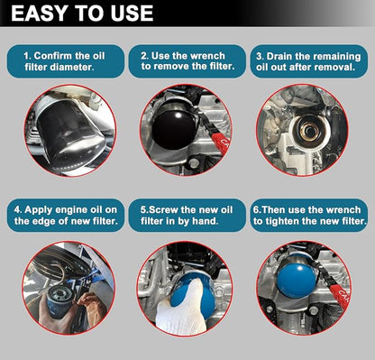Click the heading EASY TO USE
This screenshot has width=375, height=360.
tap(82, 14)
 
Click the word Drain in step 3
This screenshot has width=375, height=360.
tap(279, 57)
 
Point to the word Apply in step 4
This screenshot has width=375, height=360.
tap(38, 210)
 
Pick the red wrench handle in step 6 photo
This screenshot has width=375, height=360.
tap(340, 296)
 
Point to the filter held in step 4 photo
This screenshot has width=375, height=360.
tap(59, 300)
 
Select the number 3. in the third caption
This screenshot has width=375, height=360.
tap(260, 57)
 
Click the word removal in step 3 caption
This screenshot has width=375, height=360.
tap(337, 67)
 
